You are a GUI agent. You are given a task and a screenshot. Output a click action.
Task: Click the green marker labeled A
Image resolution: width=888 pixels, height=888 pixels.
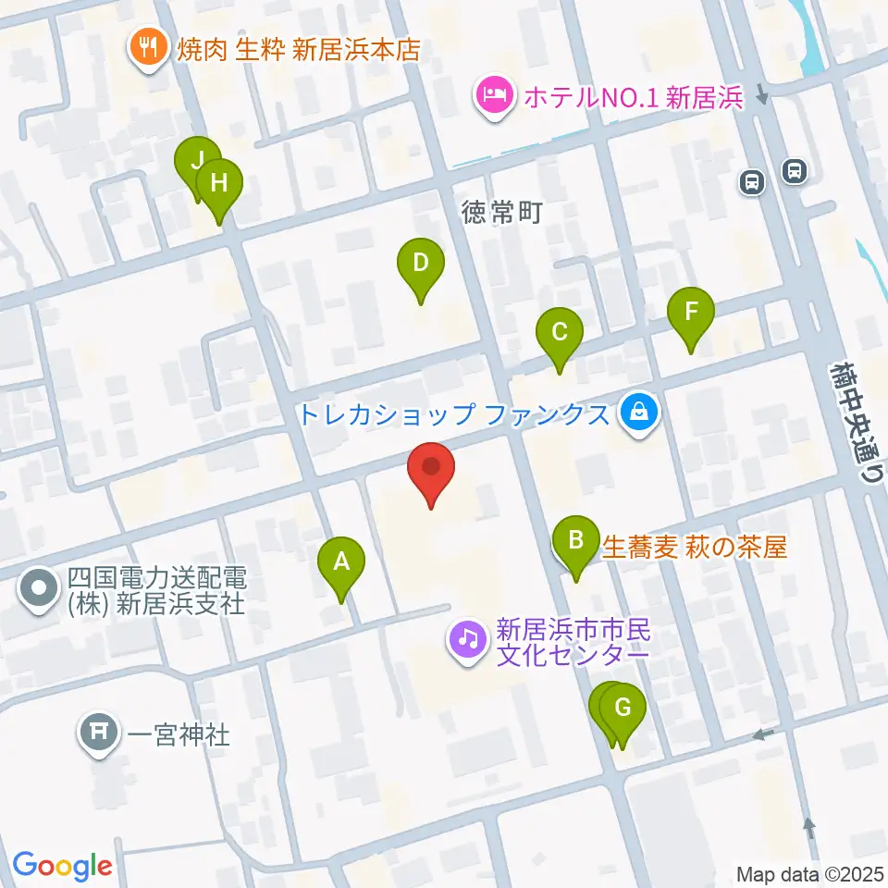[341, 561]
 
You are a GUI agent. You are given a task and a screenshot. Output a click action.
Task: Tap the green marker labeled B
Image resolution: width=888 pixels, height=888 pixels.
[575, 539]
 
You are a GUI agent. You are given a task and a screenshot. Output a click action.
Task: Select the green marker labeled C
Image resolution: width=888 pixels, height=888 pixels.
[559, 332]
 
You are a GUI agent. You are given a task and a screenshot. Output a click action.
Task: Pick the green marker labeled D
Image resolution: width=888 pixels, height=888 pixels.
[420, 264]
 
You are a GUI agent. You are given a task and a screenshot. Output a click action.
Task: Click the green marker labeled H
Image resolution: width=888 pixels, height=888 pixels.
[218, 183]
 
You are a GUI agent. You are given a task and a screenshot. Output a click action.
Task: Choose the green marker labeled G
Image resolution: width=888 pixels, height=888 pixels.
[623, 709]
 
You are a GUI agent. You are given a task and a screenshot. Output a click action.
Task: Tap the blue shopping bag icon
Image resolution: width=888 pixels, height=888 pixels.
[638, 413]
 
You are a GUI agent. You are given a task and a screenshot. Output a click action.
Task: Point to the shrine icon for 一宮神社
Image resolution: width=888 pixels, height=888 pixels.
[100, 734]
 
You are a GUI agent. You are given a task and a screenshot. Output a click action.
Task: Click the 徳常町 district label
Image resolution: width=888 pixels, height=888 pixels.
[501, 214]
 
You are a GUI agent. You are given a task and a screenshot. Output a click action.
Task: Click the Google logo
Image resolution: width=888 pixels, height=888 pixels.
[62, 866]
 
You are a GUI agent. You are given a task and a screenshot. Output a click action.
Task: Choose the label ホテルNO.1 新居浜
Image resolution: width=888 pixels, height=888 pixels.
[634, 97]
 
